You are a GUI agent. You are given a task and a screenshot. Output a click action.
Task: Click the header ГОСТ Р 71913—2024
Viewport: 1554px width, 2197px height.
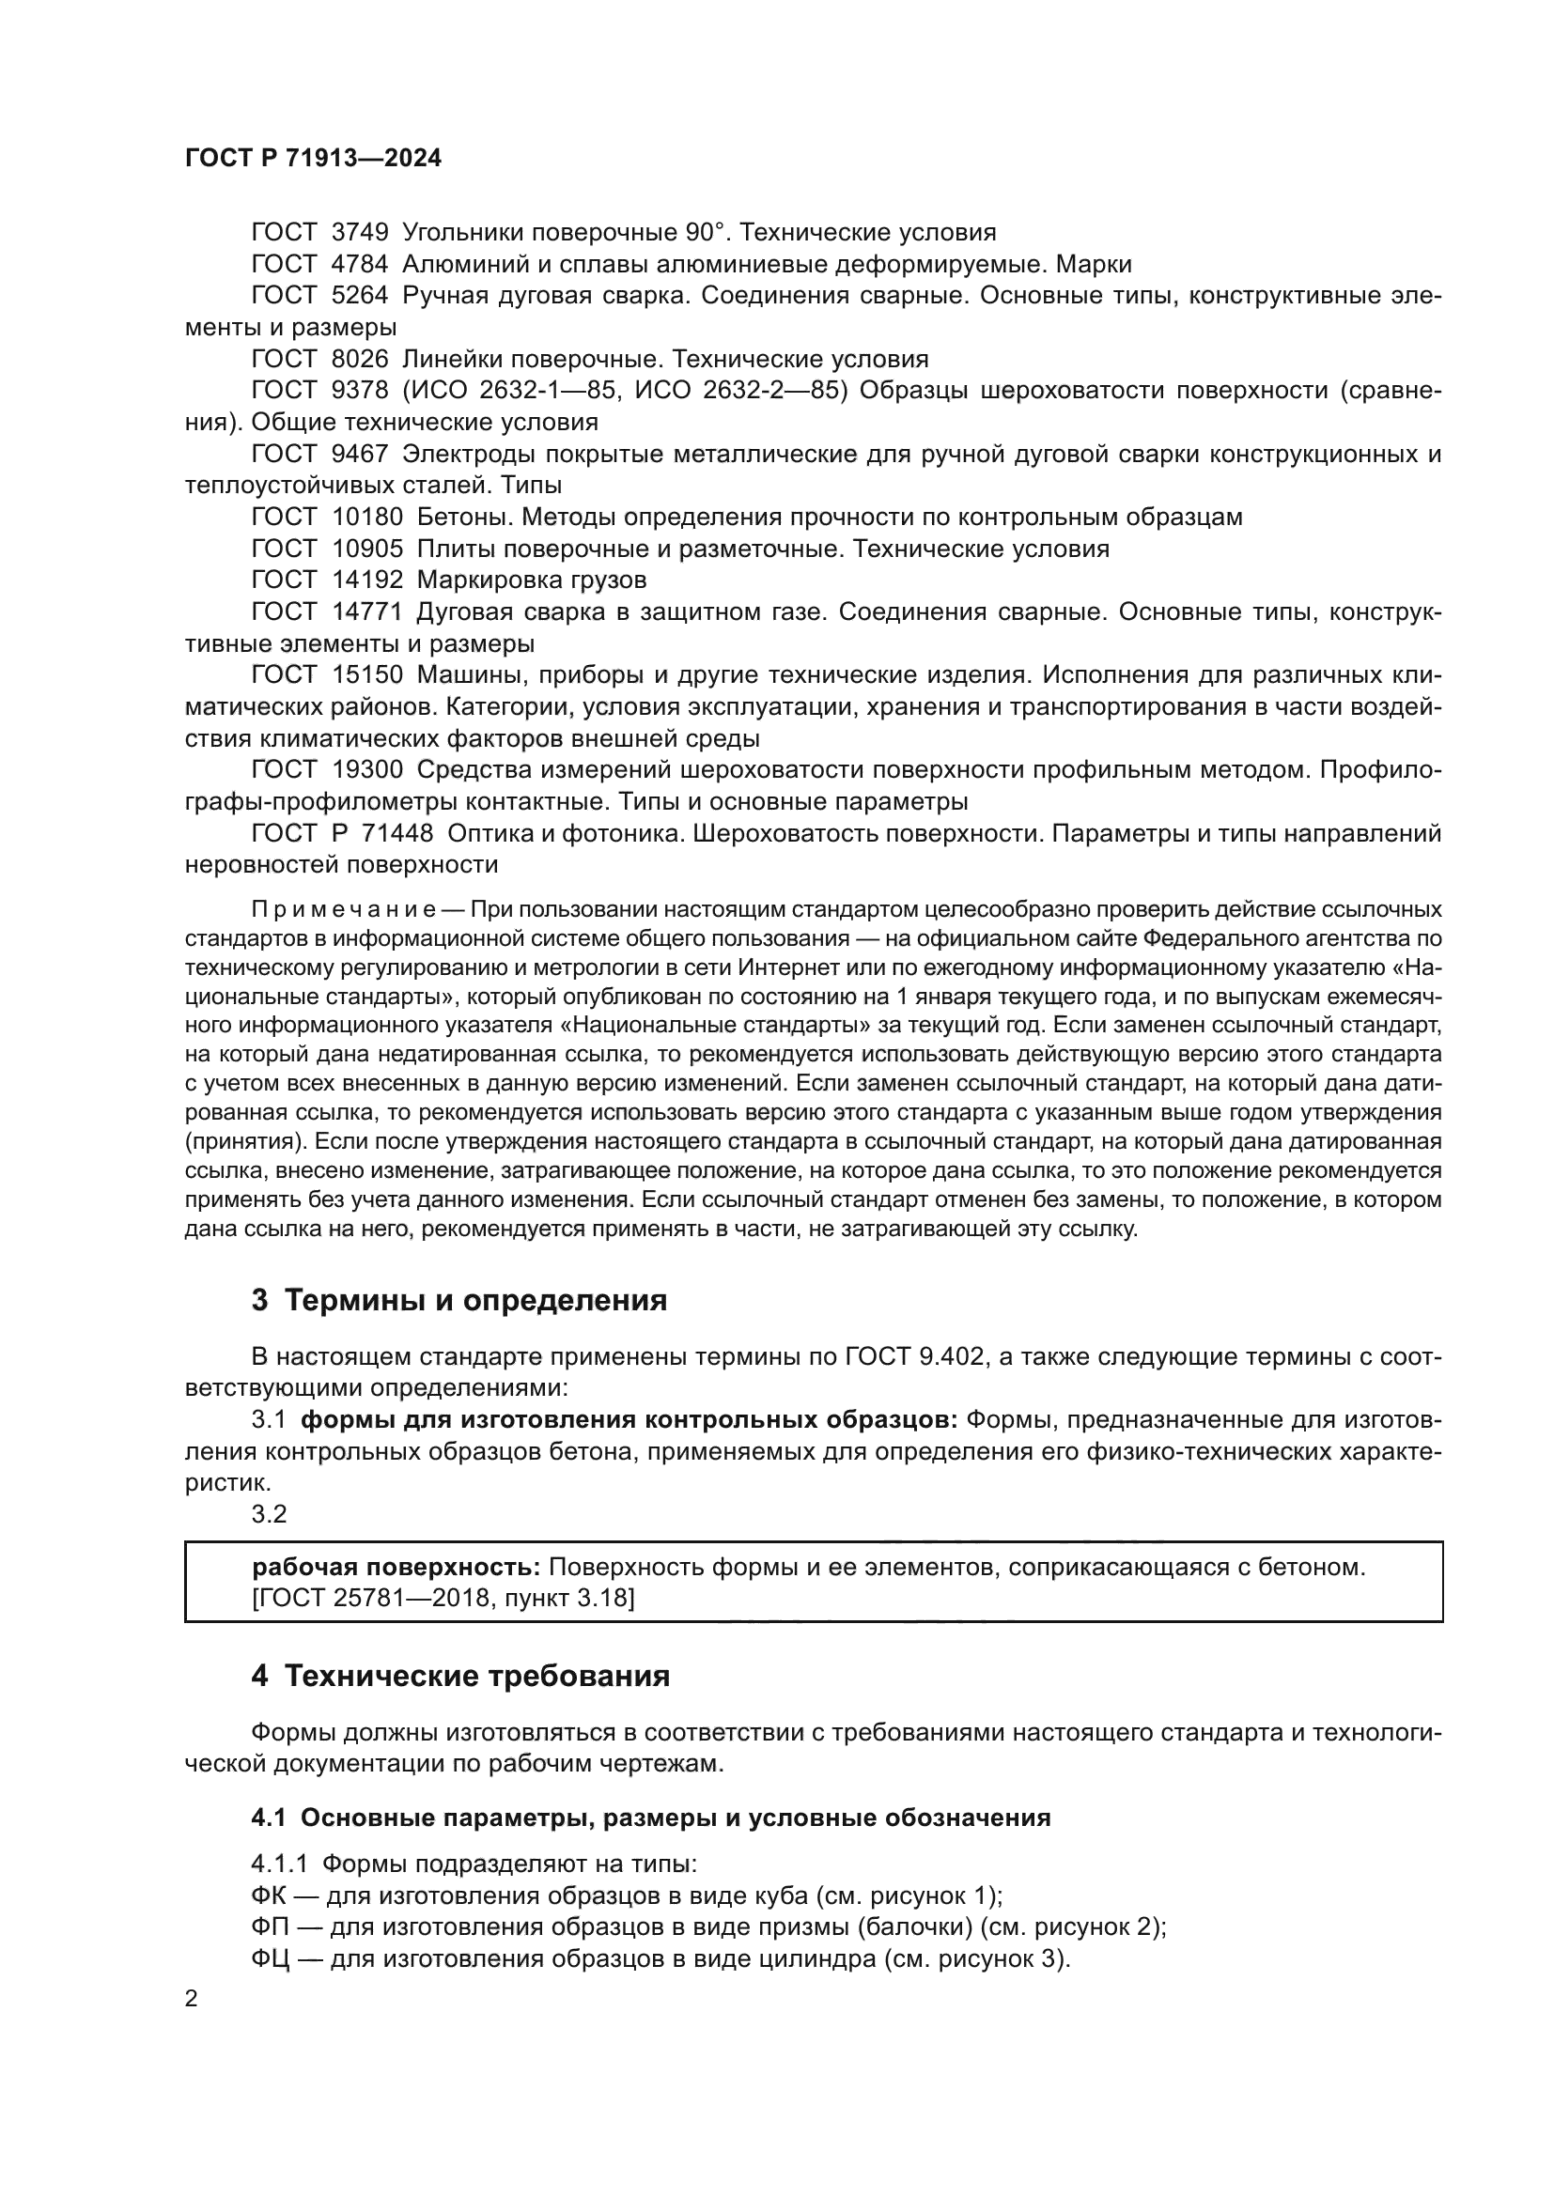click(313, 159)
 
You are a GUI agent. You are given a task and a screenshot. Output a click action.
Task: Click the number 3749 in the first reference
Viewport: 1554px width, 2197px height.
click(360, 233)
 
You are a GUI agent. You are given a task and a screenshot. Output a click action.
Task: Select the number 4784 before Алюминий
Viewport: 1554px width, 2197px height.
click(360, 264)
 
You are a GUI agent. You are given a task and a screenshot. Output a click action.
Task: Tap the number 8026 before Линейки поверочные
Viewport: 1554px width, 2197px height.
click(360, 359)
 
